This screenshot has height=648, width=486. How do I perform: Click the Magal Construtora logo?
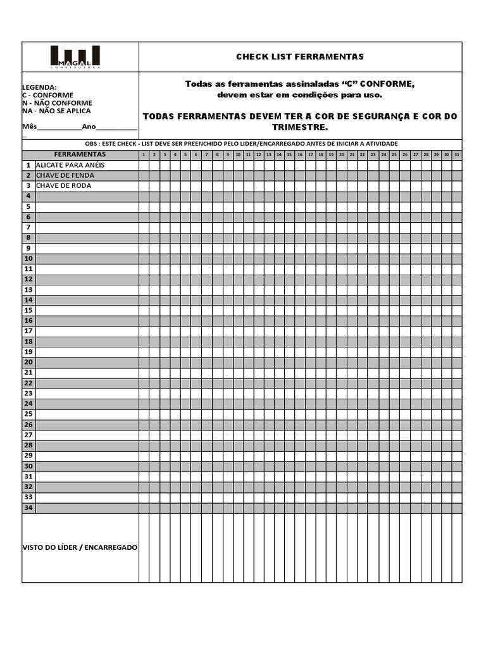(75, 57)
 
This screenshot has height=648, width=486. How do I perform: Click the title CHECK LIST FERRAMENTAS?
(300, 57)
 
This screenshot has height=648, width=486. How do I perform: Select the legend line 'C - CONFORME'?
(47, 95)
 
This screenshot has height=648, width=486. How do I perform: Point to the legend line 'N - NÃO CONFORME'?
(57, 103)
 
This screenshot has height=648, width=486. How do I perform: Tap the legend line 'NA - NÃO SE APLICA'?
(56, 111)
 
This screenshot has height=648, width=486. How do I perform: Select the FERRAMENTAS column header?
(80, 154)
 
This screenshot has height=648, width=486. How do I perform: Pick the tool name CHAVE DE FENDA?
(65, 175)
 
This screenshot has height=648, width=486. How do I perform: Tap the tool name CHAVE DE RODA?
(63, 185)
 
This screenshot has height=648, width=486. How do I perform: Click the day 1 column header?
(144, 154)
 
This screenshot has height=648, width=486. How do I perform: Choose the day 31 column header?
(457, 154)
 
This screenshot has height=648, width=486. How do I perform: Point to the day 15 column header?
(289, 154)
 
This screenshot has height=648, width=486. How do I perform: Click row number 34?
(28, 508)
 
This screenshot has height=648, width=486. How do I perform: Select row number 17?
(28, 331)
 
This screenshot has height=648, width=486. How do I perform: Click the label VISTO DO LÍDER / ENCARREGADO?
(80, 547)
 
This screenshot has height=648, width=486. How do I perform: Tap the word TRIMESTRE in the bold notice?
(300, 127)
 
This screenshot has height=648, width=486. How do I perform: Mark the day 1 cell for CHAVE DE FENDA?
(144, 175)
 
